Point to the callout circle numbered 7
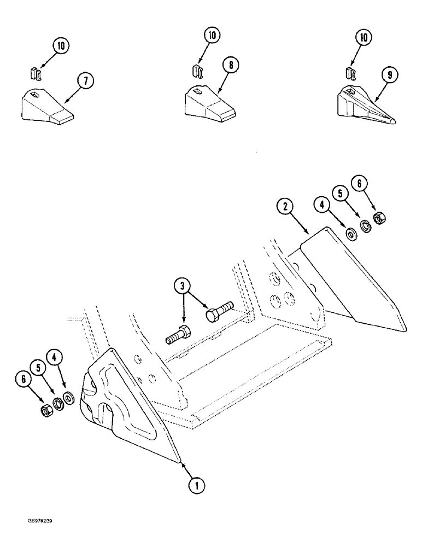point(85,81)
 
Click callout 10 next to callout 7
point(61,46)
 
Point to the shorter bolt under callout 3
point(178,334)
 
